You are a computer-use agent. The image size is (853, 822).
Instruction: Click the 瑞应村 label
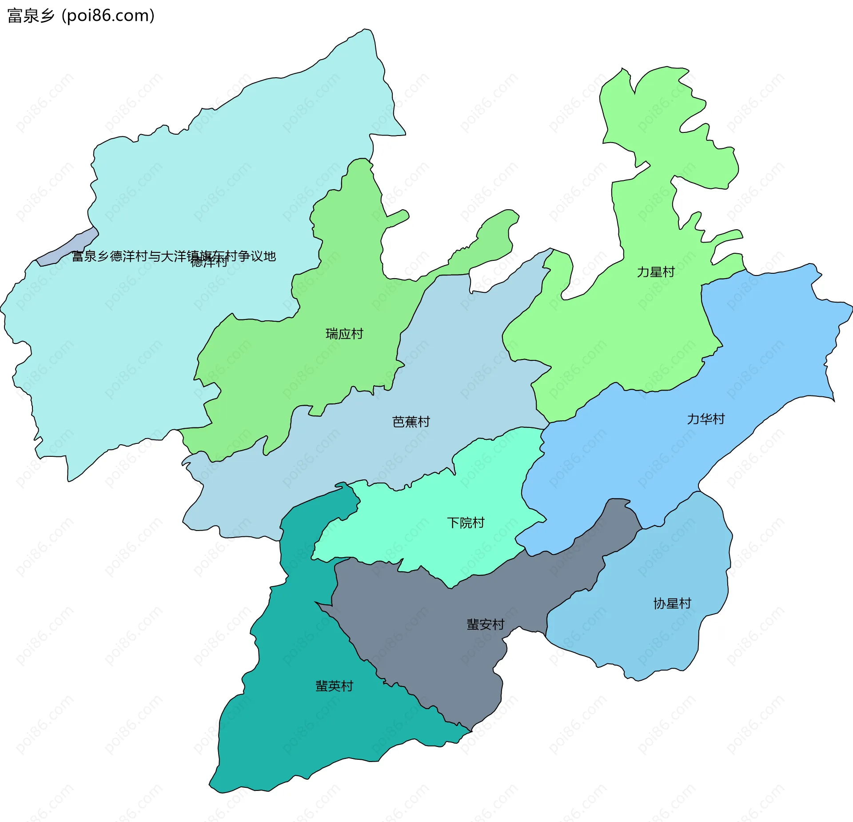(344, 334)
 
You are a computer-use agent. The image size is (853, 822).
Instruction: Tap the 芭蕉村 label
(411, 422)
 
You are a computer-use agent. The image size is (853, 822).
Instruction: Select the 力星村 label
(656, 272)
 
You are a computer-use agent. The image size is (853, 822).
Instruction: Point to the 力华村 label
(706, 419)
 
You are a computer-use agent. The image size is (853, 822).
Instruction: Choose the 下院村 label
(465, 523)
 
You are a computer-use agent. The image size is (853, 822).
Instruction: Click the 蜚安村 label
(485, 624)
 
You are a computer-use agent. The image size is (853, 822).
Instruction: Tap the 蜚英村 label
(334, 686)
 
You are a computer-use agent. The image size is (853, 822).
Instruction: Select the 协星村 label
(672, 603)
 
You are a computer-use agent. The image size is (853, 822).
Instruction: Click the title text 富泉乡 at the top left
(31, 16)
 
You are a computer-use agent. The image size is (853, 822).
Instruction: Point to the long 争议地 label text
(174, 256)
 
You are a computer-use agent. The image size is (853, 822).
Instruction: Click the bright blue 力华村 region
(755, 355)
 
